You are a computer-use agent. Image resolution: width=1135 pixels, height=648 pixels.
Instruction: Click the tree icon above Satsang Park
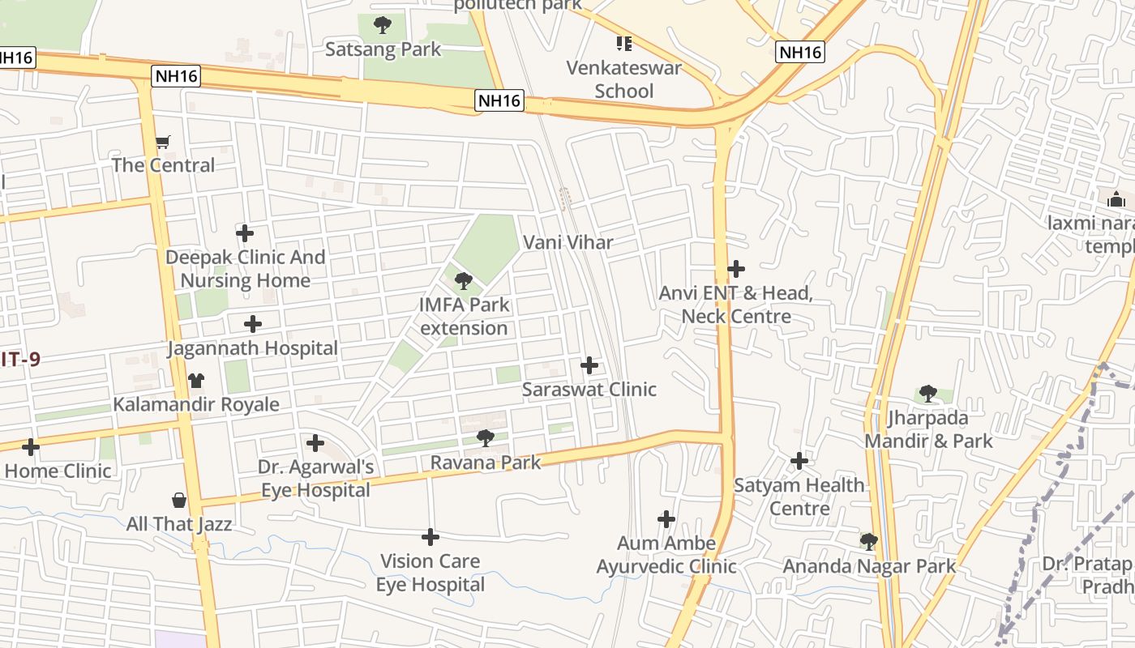coord(383,25)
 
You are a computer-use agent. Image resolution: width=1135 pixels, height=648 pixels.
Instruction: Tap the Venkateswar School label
coord(623,79)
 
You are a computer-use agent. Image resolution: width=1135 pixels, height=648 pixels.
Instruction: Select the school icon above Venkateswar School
coord(623,43)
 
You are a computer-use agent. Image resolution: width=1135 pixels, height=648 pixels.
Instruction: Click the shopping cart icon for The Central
coord(163,143)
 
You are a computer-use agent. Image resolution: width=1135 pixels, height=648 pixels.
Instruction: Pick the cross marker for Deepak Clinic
coord(245,233)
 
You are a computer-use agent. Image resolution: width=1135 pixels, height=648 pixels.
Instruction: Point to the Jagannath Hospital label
coord(252,348)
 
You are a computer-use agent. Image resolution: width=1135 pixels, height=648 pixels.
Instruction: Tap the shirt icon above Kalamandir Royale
coord(196,380)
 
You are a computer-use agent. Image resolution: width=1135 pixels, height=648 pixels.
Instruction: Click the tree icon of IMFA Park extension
coord(464,281)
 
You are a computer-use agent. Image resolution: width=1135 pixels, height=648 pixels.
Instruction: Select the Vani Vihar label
coord(567,242)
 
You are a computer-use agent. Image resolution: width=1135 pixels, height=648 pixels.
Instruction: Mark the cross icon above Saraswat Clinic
coord(589,365)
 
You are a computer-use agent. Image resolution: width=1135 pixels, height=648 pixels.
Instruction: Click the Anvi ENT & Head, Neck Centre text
coord(736,305)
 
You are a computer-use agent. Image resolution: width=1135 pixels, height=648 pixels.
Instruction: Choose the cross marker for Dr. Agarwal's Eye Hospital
coord(315,443)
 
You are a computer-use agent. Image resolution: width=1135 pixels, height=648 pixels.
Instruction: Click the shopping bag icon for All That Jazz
coord(179,501)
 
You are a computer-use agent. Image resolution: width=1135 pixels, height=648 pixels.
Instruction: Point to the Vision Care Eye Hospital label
coord(430,573)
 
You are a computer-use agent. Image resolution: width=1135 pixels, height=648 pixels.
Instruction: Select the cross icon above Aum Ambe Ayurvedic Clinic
coord(666,518)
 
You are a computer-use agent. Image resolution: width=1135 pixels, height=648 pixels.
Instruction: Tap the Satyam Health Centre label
coord(799,497)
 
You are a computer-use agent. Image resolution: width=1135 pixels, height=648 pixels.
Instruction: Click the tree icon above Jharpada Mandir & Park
coord(928,394)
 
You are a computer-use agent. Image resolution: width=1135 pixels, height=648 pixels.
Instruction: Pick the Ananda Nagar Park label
coord(869,566)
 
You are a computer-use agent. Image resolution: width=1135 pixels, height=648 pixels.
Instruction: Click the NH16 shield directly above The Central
coord(175,77)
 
